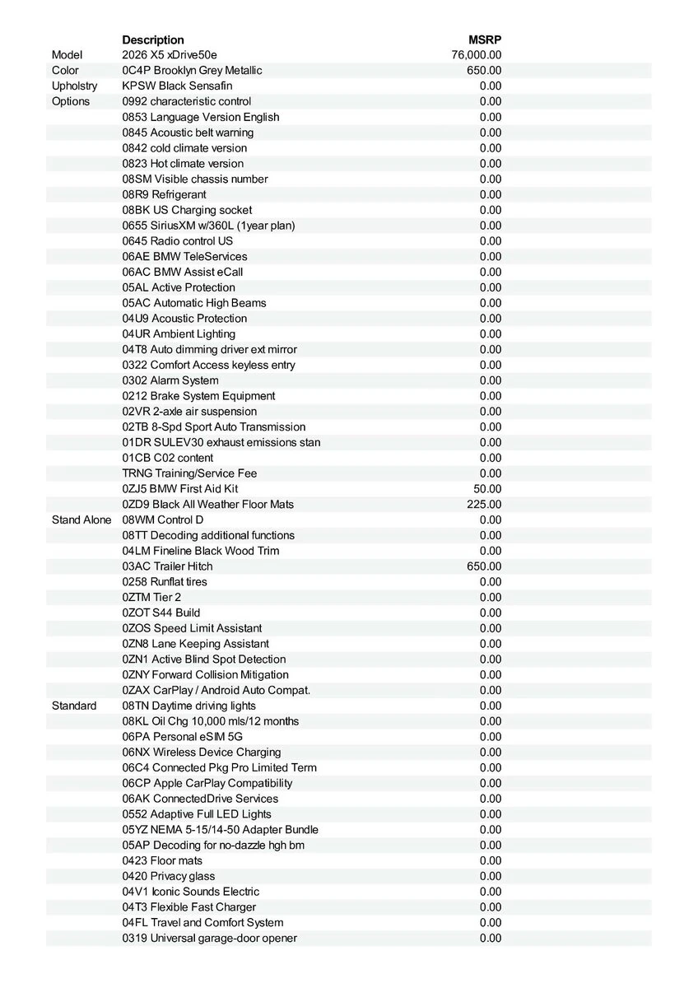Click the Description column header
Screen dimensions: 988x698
click(153, 40)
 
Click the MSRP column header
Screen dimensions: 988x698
click(485, 40)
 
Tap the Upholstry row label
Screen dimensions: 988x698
click(74, 86)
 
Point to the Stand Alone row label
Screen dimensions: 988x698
click(81, 520)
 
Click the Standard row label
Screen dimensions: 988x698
click(74, 706)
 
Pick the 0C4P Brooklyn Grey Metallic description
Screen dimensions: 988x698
click(192, 71)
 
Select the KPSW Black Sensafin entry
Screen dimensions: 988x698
click(177, 86)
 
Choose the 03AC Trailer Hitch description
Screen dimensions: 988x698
click(167, 566)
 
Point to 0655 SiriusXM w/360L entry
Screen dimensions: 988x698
click(208, 226)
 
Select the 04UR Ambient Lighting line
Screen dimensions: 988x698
click(179, 333)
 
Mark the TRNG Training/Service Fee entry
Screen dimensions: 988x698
click(189, 473)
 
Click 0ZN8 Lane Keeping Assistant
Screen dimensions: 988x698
click(195, 644)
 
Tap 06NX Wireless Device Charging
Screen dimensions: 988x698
click(202, 752)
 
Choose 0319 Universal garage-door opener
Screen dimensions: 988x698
click(210, 938)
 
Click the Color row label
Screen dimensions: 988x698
click(65, 71)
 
